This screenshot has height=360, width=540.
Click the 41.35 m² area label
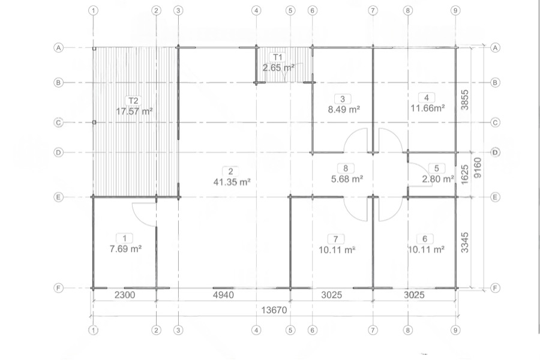coord(232,182)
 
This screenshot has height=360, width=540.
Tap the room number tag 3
coord(343,99)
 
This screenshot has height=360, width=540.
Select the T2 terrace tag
coord(133,101)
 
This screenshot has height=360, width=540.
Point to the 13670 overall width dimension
coord(274,310)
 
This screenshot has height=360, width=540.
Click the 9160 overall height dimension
coord(478,168)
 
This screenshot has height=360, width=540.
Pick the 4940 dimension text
coord(224,295)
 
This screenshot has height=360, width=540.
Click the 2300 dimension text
coord(125,295)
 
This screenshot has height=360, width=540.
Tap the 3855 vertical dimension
coord(464,100)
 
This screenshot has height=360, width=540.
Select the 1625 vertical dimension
coord(464,175)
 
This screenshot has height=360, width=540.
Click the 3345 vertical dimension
coord(464,242)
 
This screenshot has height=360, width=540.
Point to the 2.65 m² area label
coord(278,68)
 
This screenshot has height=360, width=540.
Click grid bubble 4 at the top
coord(256,11)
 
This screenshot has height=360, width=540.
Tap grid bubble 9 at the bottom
coord(455,330)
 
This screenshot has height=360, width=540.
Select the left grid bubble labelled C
coord(59,122)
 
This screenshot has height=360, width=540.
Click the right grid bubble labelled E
coord(495,197)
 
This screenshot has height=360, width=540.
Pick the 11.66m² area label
coord(427,108)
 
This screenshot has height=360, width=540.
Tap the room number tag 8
coord(346,168)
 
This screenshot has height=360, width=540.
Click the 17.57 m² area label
coord(134,111)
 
